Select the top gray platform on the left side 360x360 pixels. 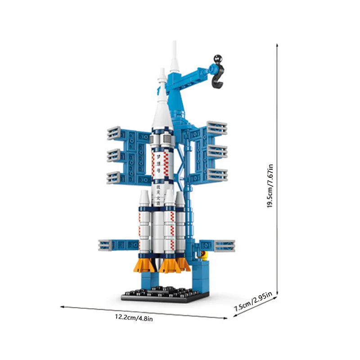pos(117,133)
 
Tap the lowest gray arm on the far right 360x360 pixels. pos(224,246)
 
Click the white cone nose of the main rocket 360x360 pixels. pos(161,108)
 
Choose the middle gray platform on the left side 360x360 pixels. pos(117,156)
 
